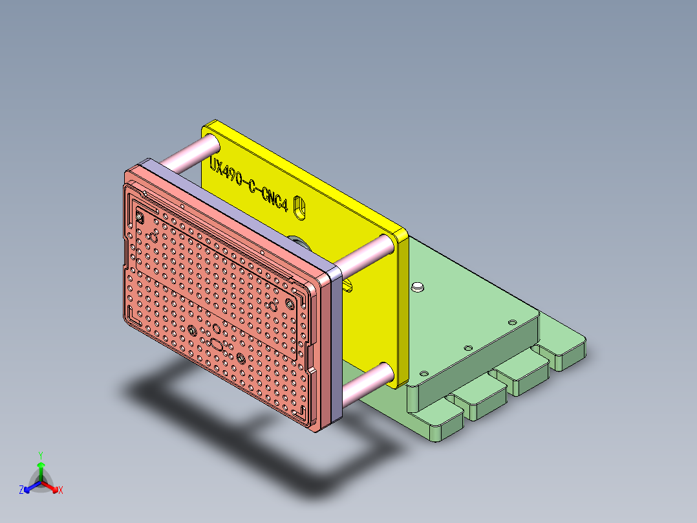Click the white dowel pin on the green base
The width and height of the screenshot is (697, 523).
click(x=418, y=285)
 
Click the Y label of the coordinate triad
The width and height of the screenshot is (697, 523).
click(x=41, y=454)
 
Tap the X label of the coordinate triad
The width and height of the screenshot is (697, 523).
click(x=61, y=491)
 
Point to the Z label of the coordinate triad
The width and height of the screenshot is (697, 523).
click(x=21, y=491)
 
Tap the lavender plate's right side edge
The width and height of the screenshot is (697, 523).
click(x=335, y=343)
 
